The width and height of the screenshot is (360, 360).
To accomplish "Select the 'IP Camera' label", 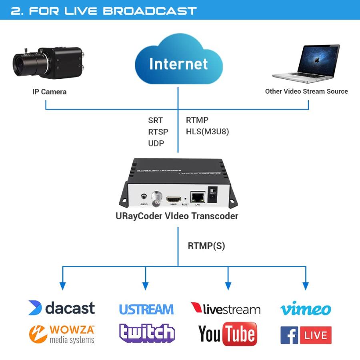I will (49, 92).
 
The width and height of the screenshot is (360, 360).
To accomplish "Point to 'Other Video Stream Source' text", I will (306, 91).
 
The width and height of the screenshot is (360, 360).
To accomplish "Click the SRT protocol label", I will (155, 120).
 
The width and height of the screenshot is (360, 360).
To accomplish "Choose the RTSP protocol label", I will (158, 132).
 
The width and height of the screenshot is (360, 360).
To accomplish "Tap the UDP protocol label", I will (156, 143).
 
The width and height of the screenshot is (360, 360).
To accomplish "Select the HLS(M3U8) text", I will (207, 132).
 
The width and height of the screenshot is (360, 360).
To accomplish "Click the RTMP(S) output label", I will (206, 246).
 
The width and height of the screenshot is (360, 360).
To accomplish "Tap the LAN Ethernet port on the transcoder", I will (197, 197).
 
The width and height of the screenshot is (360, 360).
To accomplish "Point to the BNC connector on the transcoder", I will (156, 198).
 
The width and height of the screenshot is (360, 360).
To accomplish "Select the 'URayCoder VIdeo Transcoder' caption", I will (177, 216).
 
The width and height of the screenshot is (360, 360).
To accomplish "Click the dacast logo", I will (62, 308).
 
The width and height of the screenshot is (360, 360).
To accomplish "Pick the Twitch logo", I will (147, 333).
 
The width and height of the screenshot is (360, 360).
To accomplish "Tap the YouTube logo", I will (227, 334).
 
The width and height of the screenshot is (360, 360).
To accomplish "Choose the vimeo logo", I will (306, 308).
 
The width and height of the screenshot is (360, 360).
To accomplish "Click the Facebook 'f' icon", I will (289, 335).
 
